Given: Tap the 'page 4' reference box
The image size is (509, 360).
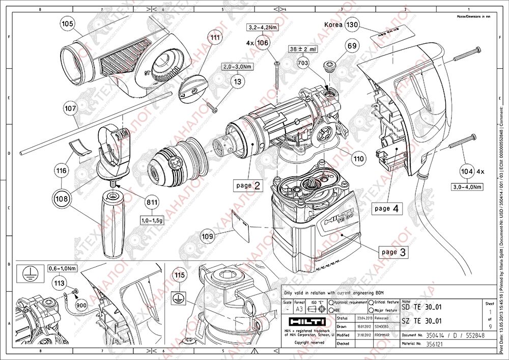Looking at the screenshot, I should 386,208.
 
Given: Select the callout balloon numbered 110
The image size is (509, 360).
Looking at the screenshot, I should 359,159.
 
